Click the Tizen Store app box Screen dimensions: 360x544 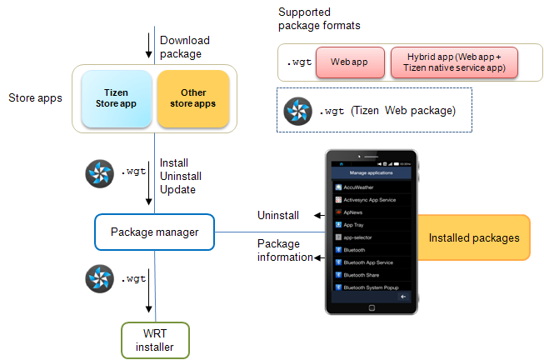coord(115,98)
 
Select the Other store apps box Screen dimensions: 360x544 coord(192,98)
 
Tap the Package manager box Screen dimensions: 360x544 coord(154,232)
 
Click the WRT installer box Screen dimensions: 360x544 coord(154,340)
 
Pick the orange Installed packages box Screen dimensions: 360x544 coord(473,238)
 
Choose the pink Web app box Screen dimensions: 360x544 coord(350,62)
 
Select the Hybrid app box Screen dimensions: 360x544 coord(455,62)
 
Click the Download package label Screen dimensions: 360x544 coord(184,46)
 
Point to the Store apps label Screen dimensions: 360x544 coord(34,98)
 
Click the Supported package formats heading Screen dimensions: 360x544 coord(319,19)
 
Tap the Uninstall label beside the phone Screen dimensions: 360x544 coord(277,215)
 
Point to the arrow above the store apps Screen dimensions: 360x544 coord(148,43)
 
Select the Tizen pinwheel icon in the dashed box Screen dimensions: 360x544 coord(297,111)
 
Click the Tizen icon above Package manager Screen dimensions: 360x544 coord(100,173)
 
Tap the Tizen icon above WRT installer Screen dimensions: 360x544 coord(100,279)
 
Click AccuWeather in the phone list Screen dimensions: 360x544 coord(359,187)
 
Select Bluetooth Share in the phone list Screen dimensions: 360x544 coord(362,274)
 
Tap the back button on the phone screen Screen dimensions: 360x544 coord(403,297)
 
